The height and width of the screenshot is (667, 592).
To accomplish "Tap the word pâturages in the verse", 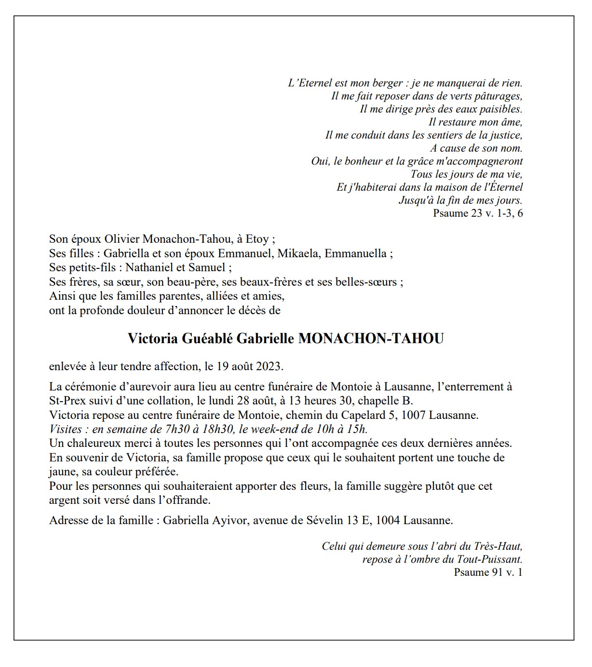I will (498, 96).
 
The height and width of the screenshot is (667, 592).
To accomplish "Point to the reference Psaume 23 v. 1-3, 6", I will (478, 213).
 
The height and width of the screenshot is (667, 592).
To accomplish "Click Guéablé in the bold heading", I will (207, 339).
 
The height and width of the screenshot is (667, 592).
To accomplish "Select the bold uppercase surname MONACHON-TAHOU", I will (371, 339).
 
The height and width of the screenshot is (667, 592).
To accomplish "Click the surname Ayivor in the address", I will (230, 521).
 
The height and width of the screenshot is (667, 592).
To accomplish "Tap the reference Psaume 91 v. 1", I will (488, 572).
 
